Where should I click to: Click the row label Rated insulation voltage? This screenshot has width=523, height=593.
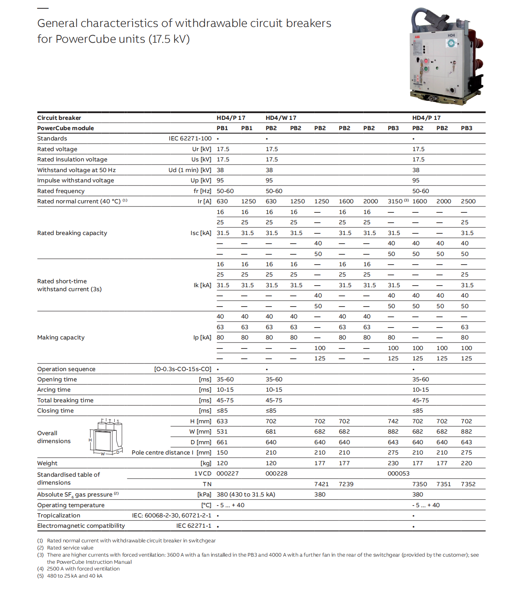pyautogui.click(x=72, y=159)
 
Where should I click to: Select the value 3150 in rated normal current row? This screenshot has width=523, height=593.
pyautogui.click(x=395, y=201)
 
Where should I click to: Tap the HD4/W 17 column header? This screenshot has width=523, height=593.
pyautogui.click(x=281, y=118)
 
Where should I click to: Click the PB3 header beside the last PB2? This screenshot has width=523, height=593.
pyautogui.click(x=466, y=128)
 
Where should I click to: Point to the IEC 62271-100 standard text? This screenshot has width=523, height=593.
pyautogui.click(x=190, y=138)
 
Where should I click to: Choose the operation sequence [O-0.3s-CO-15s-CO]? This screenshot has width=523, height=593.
pyautogui.click(x=183, y=369)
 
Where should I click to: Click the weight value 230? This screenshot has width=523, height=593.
pyautogui.click(x=393, y=463)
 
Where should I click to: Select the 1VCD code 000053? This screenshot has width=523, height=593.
pyautogui.click(x=398, y=474)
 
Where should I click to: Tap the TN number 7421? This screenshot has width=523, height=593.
pyautogui.click(x=321, y=484)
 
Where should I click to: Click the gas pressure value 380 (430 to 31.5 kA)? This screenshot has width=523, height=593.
pyautogui.click(x=246, y=494)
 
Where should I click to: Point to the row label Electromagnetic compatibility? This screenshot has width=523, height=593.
pyautogui.click(x=81, y=526)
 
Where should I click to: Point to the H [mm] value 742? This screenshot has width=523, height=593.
pyautogui.click(x=393, y=421)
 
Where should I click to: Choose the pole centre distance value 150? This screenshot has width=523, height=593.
pyautogui.click(x=222, y=453)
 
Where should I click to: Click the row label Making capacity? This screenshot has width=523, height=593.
pyautogui.click(x=61, y=337)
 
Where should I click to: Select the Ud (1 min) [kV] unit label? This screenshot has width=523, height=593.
pyautogui.click(x=190, y=170)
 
